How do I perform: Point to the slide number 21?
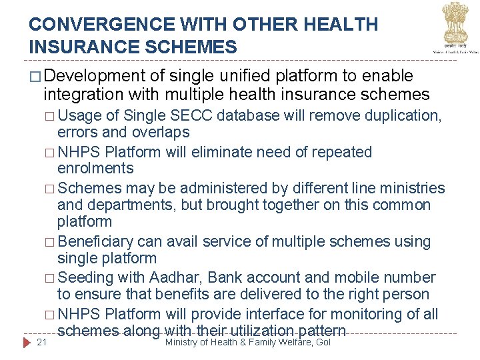(42, 342)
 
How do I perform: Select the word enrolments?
(95, 168)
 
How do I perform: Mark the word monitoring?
(377, 314)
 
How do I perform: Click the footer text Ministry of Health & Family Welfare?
(247, 342)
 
